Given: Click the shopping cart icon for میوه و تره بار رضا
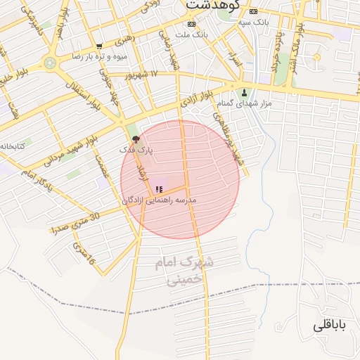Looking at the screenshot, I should [98, 46].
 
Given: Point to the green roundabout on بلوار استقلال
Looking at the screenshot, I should [50, 63].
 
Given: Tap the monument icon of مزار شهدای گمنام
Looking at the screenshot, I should [244, 92].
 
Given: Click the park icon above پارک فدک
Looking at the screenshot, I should [136, 139].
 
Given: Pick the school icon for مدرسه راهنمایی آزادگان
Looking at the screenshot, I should [158, 189].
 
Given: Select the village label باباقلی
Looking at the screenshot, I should [330, 326].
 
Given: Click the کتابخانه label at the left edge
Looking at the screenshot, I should [12, 146].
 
